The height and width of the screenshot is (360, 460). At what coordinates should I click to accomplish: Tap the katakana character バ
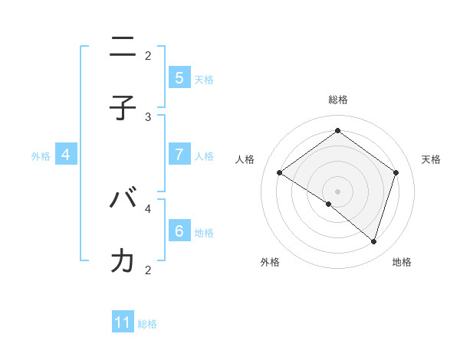pyautogui.click(x=123, y=199)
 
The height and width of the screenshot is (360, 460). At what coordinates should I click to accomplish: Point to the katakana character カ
pyautogui.click(x=123, y=261)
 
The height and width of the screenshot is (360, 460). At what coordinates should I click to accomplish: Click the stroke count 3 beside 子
pyautogui.click(x=149, y=117)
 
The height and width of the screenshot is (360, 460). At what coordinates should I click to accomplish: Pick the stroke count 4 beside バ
pyautogui.click(x=149, y=208)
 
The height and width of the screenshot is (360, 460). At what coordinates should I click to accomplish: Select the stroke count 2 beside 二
pyautogui.click(x=149, y=55)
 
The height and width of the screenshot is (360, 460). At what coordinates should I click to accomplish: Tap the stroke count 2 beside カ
pyautogui.click(x=149, y=270)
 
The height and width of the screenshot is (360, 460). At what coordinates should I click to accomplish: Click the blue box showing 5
pyautogui.click(x=179, y=77)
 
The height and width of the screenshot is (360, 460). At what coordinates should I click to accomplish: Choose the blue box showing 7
pyautogui.click(x=179, y=154)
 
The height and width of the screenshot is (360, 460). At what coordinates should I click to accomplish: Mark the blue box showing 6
pyautogui.click(x=179, y=231)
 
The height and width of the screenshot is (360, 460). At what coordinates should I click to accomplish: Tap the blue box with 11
pyautogui.click(x=123, y=322)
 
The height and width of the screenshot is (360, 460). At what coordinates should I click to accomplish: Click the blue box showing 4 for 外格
pyautogui.click(x=66, y=155)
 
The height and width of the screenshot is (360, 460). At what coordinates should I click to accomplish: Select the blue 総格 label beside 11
pyautogui.click(x=147, y=324)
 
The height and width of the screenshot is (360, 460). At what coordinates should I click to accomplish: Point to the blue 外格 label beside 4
pyautogui.click(x=41, y=156)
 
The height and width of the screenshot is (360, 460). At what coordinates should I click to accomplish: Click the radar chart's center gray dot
pyautogui.click(x=337, y=191)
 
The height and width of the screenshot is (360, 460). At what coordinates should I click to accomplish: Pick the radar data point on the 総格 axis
pyautogui.click(x=337, y=131)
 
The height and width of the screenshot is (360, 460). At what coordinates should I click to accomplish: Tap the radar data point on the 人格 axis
pyautogui.click(x=280, y=172)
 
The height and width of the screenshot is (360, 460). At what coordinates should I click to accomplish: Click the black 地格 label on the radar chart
pyautogui.click(x=402, y=262)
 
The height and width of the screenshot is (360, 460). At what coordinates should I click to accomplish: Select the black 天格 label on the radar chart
pyautogui.click(x=432, y=159)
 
